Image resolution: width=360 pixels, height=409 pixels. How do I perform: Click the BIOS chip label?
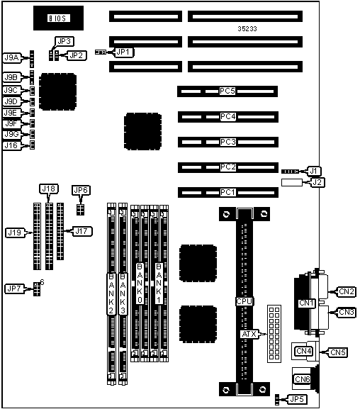[59, 18]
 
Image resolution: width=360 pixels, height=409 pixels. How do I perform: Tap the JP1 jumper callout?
[123, 52]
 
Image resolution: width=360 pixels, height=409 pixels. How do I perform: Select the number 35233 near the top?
[247, 28]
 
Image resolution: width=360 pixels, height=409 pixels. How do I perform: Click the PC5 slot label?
[227, 91]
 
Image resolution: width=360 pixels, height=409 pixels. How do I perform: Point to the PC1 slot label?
[228, 193]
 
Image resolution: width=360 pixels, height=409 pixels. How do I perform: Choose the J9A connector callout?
[12, 57]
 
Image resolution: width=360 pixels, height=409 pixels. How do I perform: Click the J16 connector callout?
[11, 145]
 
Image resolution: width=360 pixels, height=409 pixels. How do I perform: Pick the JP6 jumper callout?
[81, 190]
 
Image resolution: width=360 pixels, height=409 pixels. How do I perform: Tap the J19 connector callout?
[15, 232]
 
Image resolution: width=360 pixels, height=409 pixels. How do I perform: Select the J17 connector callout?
[82, 231]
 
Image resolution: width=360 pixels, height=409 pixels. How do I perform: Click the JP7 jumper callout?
[14, 288]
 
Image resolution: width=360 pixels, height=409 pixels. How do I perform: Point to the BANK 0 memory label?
[140, 284]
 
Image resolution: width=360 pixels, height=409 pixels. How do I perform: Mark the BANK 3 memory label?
[123, 293]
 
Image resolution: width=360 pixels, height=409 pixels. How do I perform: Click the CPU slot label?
[244, 301]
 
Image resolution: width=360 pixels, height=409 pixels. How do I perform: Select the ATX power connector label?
[249, 334]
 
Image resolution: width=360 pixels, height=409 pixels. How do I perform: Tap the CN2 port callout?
[347, 291]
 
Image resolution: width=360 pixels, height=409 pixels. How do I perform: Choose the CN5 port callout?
[338, 352]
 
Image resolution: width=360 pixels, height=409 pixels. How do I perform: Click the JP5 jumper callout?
[297, 399]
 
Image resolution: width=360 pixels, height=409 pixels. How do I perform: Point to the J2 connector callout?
[317, 182]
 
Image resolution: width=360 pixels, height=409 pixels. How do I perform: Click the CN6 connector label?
[303, 379]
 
